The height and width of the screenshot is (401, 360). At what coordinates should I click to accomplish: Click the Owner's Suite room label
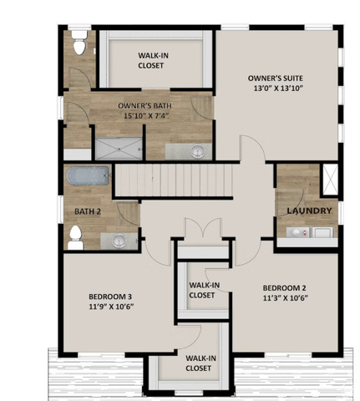pyautogui.click(x=275, y=78)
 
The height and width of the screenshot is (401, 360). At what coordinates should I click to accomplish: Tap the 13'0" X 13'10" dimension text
pyautogui.click(x=278, y=88)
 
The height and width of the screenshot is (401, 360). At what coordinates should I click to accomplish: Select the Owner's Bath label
pyautogui.click(x=145, y=106)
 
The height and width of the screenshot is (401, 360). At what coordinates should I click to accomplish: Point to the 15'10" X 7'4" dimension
pyautogui.click(x=146, y=115)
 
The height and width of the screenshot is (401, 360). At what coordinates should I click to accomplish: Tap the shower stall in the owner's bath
pyautogui.click(x=119, y=149)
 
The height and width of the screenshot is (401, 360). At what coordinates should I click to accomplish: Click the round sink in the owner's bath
pyautogui.click(x=198, y=151)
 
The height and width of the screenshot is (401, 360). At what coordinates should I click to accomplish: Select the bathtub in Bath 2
pyautogui.click(x=87, y=175)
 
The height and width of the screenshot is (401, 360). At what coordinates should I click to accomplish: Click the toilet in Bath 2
pyautogui.click(x=75, y=237)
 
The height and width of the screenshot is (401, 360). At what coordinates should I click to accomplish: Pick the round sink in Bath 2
pyautogui.click(x=119, y=241)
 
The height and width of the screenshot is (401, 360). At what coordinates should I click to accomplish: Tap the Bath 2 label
pyautogui.click(x=88, y=211)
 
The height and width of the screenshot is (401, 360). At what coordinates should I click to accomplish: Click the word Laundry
pyautogui.click(x=310, y=211)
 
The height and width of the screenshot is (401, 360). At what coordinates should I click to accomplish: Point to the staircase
pyautogui.click(x=174, y=180)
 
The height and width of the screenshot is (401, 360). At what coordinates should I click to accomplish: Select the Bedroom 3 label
pyautogui.click(x=110, y=297)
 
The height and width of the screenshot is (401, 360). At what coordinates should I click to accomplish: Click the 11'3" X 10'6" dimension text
pyautogui.click(x=286, y=298)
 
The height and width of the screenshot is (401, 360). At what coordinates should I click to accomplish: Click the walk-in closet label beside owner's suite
pyautogui.click(x=154, y=60)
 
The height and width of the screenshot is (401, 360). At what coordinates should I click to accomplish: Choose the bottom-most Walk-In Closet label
pyautogui.click(x=200, y=363)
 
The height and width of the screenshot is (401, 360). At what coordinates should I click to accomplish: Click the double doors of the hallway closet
pyautogui.click(x=203, y=228)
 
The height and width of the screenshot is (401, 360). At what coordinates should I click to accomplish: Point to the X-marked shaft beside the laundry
pyautogui.click(x=330, y=179)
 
